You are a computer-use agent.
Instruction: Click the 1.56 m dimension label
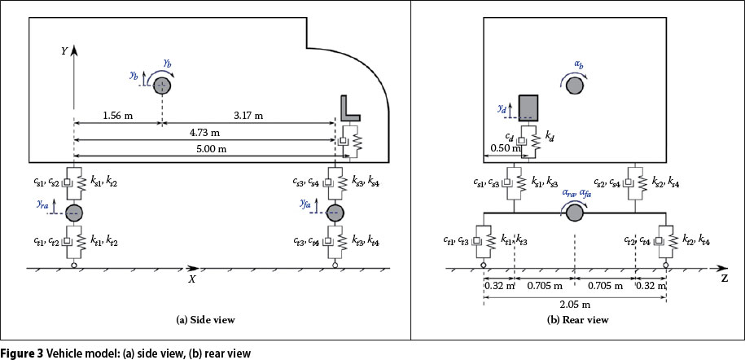[x=116, y=116]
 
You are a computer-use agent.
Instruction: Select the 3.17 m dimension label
[x=247, y=116]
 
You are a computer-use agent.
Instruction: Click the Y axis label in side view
[x=64, y=50]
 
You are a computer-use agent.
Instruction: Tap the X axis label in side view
[x=192, y=279]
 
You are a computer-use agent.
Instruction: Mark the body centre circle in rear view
[x=575, y=85]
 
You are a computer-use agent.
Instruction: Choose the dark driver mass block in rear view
[x=528, y=108]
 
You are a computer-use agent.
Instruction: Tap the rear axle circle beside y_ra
[x=74, y=213]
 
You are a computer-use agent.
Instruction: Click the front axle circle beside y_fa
[x=334, y=213]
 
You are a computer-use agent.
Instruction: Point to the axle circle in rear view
[x=575, y=213]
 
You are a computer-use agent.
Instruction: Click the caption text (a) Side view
[x=206, y=320]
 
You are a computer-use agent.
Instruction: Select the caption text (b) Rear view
[x=575, y=320]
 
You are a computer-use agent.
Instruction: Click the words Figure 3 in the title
[x=21, y=353]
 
